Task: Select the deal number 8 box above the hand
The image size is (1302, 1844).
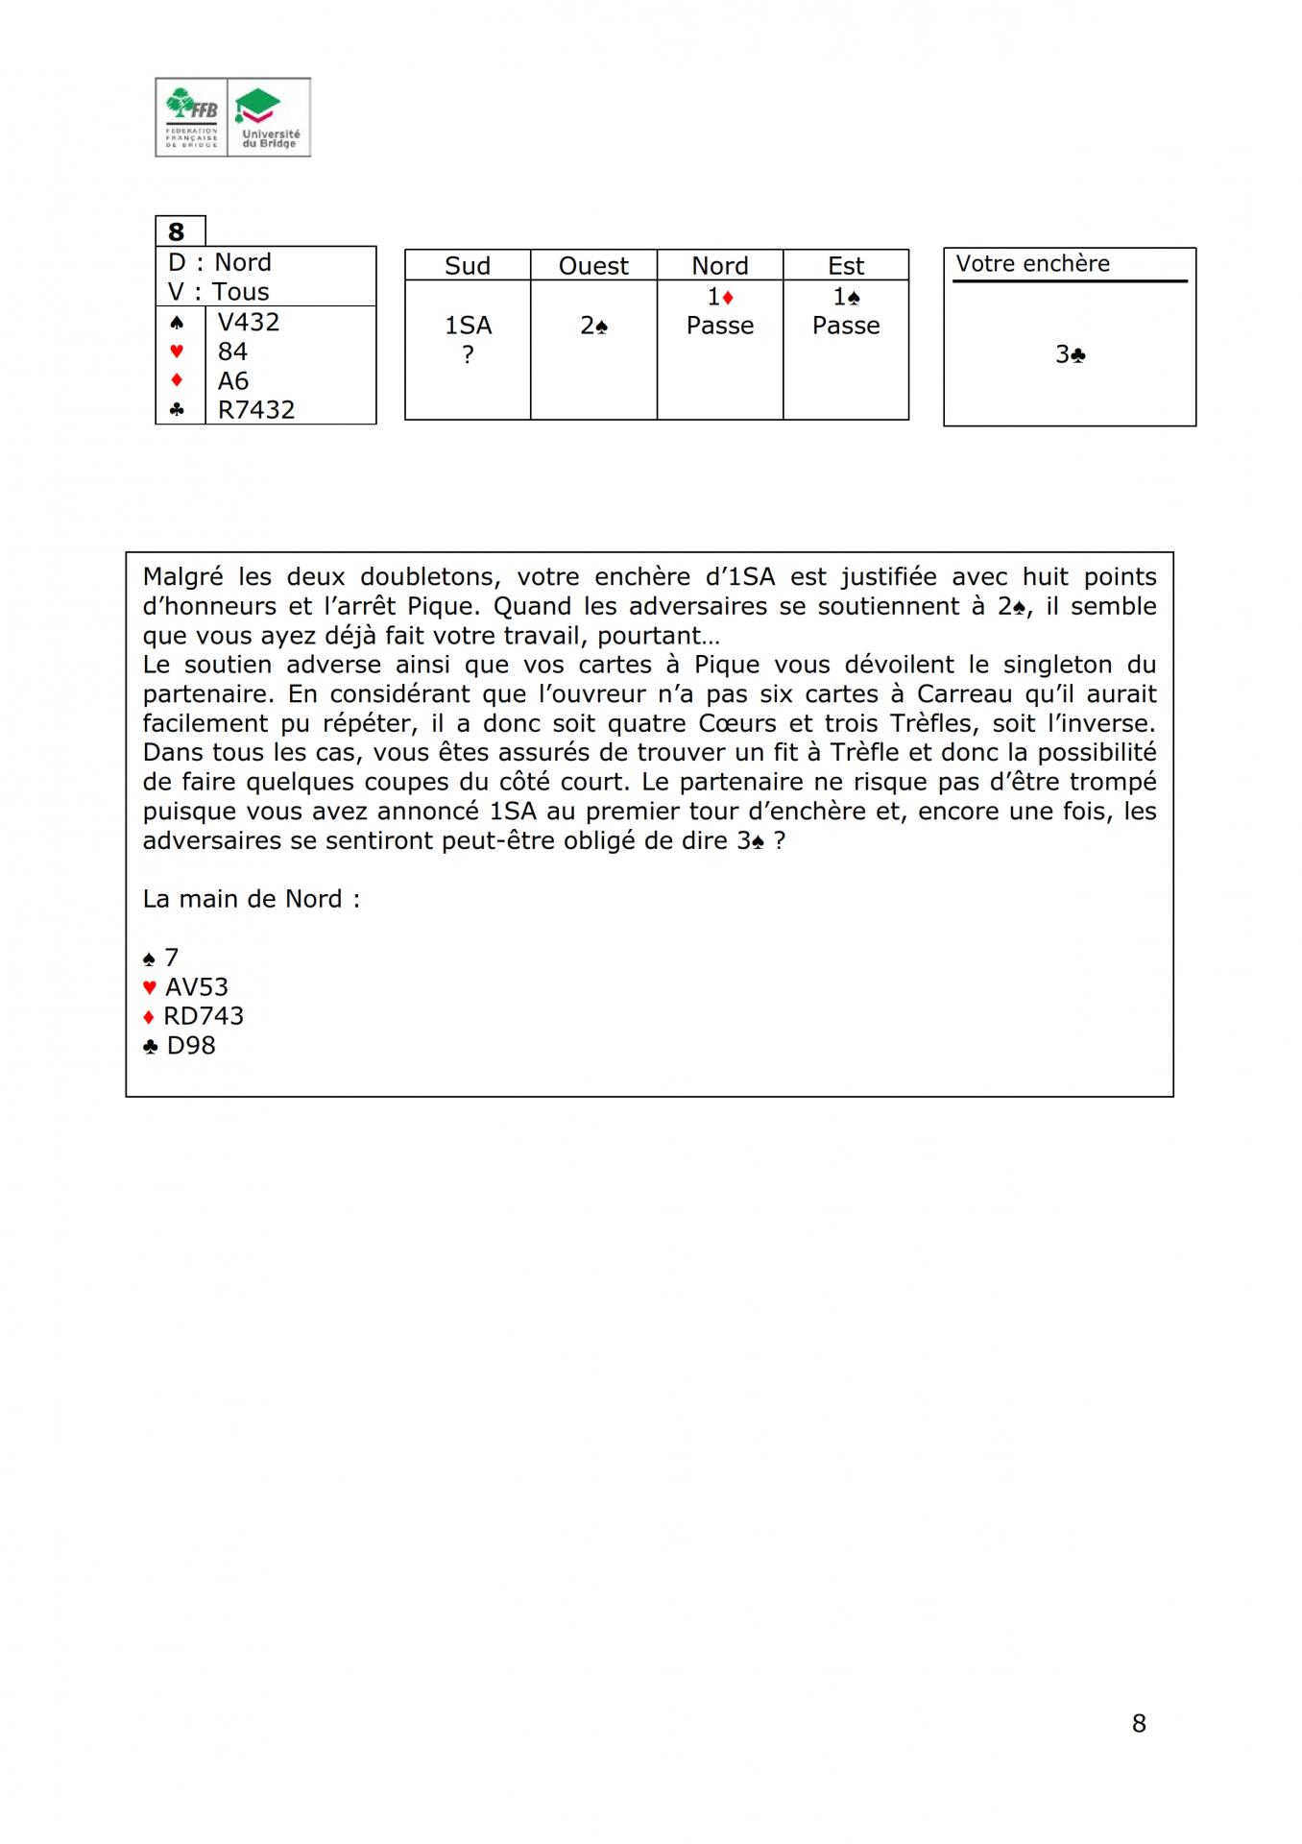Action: point(177,231)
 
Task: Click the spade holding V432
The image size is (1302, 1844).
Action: point(249,322)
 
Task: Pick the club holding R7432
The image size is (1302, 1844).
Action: point(256,409)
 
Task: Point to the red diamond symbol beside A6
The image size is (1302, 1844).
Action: point(177,380)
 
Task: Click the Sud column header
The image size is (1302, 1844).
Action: point(468,266)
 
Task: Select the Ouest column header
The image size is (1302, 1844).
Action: point(593,266)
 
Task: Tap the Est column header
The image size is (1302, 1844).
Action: point(846,266)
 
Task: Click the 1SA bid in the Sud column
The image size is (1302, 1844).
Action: point(468,326)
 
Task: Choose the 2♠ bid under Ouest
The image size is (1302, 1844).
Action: point(593,326)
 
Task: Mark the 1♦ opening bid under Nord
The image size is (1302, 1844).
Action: point(720,297)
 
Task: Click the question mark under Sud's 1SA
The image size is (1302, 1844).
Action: point(468,354)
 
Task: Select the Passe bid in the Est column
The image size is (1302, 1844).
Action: point(846,326)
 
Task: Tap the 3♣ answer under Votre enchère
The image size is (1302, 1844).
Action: point(1070,354)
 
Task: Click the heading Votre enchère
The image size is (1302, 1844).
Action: point(1032,264)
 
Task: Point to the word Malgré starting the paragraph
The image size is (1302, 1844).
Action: point(182,577)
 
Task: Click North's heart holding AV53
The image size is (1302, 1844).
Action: point(196,986)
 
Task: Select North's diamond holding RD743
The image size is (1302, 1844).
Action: point(203,1016)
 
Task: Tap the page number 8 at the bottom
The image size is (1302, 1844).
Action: point(1139,1723)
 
